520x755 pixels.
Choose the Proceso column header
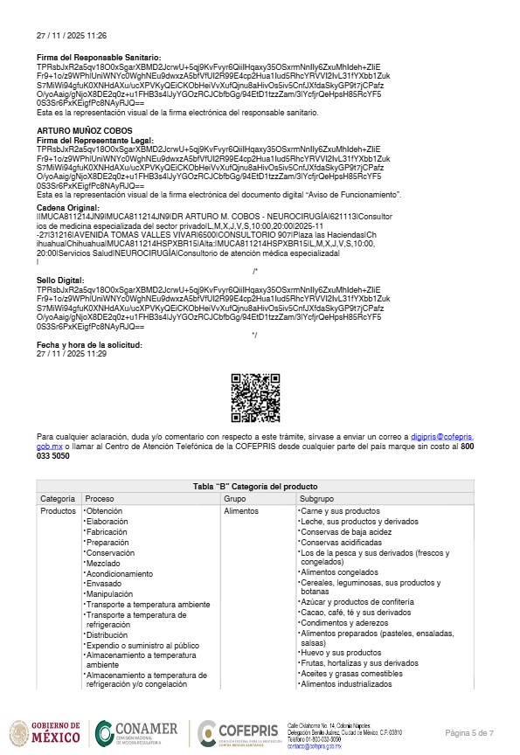click(101, 498)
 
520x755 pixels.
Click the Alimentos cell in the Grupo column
click(241, 510)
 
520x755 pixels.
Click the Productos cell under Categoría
click(59, 510)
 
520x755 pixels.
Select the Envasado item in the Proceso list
click(105, 584)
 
